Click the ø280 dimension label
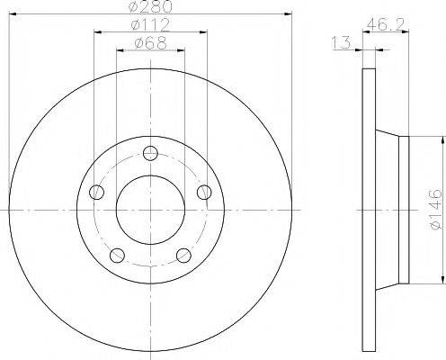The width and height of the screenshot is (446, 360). click(x=152, y=6)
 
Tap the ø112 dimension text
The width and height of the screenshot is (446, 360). click(x=150, y=24)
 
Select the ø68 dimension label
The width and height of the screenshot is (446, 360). click(x=150, y=43)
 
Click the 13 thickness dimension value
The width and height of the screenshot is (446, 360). click(x=341, y=42)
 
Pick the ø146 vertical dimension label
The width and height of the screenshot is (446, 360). click(x=435, y=209)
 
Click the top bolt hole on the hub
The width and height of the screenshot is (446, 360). click(x=150, y=153)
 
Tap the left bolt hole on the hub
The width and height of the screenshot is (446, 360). click(x=96, y=193)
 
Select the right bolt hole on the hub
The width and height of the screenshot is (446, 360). click(x=204, y=193)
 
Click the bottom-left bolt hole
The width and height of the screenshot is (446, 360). click(x=117, y=256)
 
